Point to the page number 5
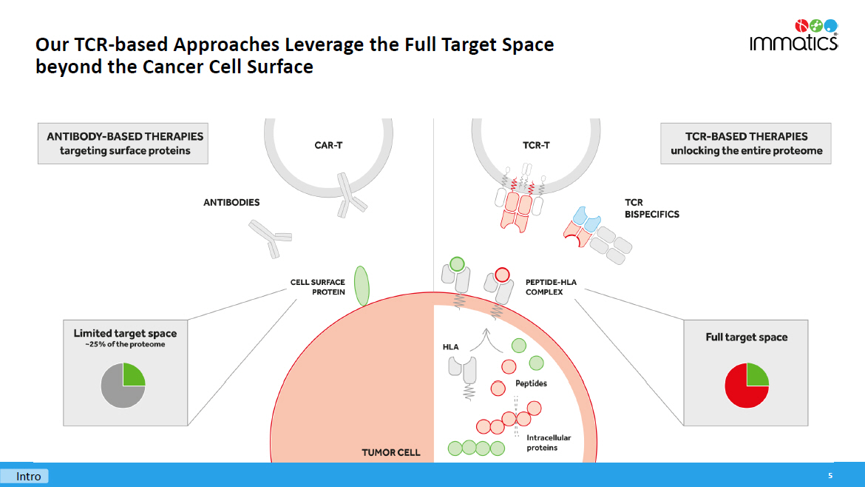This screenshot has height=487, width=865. click(830, 475)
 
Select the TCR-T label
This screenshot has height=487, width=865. click(536, 146)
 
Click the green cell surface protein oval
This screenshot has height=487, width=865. click(362, 286)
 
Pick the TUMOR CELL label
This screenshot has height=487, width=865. click(390, 452)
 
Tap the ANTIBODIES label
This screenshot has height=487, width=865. click(231, 202)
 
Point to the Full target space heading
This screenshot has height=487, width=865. click(746, 337)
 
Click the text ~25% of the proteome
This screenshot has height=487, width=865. click(125, 345)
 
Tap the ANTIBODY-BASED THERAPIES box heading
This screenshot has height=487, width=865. click(125, 136)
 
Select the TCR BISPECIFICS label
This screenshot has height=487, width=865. click(651, 208)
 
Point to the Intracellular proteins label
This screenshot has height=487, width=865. click(549, 443)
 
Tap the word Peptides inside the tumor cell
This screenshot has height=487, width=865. click(531, 383)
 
